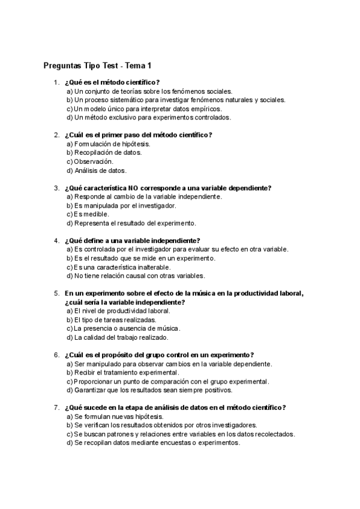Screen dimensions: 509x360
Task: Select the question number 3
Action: click(56, 188)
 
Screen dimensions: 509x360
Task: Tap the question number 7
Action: click(56, 408)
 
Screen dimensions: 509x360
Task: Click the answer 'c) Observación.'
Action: click(89, 161)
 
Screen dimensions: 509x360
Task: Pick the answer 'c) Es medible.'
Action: click(88, 214)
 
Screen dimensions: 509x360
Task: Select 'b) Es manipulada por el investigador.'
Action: click(121, 205)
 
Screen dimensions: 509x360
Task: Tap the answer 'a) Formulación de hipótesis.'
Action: click(108, 144)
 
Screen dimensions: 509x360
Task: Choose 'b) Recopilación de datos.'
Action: click(104, 152)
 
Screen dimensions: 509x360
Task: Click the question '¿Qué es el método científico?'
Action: click(112, 82)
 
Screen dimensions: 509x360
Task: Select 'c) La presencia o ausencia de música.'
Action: click(124, 328)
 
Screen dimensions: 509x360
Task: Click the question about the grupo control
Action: click(159, 355)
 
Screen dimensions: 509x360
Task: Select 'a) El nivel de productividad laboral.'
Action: click(118, 311)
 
